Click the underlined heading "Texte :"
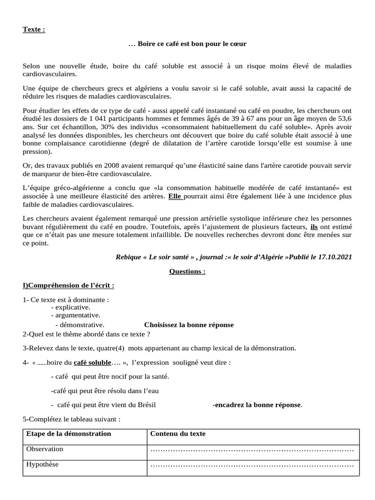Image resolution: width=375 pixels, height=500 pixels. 34,29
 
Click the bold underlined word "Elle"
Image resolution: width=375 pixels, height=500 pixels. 175,196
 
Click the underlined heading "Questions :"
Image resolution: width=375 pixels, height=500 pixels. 187,271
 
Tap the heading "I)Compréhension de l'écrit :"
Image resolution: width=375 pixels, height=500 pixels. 68,285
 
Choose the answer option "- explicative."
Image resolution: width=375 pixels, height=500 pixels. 70,307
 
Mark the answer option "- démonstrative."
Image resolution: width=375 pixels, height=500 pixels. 80,325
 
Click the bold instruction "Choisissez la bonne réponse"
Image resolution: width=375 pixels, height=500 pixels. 188,325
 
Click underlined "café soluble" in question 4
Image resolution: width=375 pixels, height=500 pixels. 92,363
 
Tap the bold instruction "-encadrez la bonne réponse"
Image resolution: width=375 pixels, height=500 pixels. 257,404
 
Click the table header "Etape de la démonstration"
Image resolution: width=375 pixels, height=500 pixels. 68,434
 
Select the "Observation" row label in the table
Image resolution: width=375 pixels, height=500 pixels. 44,449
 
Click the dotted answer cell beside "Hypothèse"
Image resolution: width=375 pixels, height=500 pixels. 252,465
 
